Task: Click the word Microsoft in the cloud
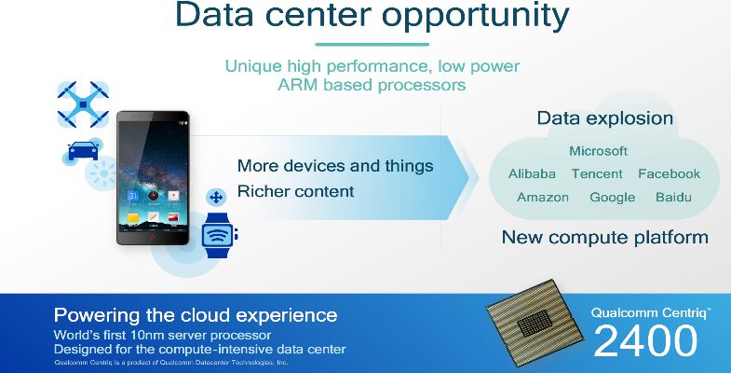click(x=598, y=151)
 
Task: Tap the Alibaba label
click(x=532, y=174)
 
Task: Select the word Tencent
click(x=597, y=174)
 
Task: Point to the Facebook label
click(x=669, y=174)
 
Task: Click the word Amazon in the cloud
click(x=543, y=198)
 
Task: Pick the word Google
click(x=612, y=198)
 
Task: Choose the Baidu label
click(x=673, y=197)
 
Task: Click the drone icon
click(x=83, y=104)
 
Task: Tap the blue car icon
click(x=83, y=151)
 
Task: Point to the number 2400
click(x=645, y=341)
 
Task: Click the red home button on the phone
click(x=153, y=237)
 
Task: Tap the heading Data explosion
click(x=604, y=118)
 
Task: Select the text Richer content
click(x=295, y=191)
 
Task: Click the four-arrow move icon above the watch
click(x=216, y=198)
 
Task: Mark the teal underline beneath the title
click(x=372, y=45)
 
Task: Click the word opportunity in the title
click(x=476, y=18)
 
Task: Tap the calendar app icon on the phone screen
click(x=133, y=196)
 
